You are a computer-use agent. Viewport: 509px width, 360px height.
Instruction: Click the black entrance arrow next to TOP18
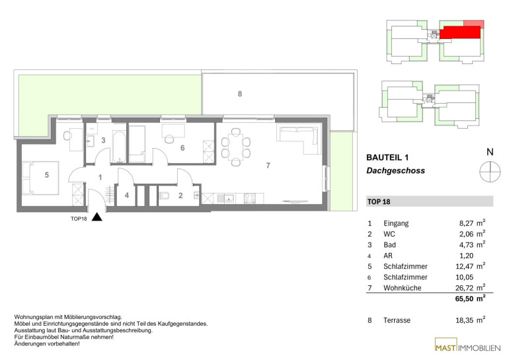point(97,217)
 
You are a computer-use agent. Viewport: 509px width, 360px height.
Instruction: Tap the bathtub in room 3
point(119,146)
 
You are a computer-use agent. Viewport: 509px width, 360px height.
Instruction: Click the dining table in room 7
point(236,147)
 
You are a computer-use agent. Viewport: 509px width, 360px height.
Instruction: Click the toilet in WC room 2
point(164,196)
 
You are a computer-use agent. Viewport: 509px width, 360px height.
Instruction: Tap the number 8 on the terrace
point(240,94)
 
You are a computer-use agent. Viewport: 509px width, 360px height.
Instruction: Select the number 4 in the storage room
point(127,196)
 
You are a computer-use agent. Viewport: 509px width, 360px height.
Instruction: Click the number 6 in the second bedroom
point(182,148)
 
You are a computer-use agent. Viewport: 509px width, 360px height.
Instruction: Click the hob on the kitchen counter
point(250,198)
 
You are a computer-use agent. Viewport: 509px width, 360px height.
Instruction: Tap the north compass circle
point(490,171)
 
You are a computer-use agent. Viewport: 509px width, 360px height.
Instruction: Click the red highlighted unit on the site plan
point(460,32)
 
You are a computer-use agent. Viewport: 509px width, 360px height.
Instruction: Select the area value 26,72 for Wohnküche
point(466,288)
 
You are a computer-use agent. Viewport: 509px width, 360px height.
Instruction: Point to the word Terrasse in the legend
point(397,320)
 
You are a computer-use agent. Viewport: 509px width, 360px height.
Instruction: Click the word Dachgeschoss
point(395,170)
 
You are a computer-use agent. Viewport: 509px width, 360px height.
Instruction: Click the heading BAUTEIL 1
point(387,158)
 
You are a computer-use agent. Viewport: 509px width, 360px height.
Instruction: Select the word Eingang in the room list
point(396,223)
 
